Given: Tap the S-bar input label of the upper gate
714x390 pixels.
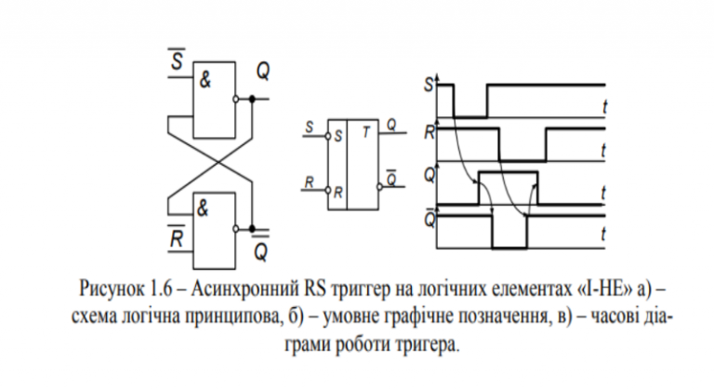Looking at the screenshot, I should [x=177, y=61].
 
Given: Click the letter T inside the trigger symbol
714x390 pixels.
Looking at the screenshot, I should [x=368, y=132].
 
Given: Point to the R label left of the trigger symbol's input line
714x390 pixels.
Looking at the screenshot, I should [x=308, y=182].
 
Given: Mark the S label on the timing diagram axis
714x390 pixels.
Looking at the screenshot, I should [x=428, y=86].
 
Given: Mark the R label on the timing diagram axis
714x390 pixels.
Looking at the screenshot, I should [x=428, y=131].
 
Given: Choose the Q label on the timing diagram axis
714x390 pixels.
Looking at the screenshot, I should [x=428, y=172].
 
